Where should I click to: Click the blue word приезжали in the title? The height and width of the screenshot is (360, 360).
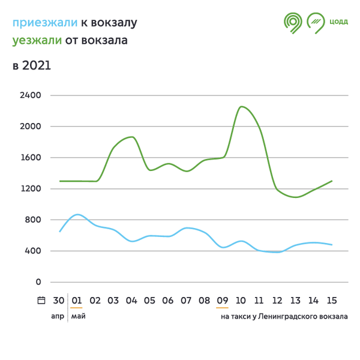pos(45,23)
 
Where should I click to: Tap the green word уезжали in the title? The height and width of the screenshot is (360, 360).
pos(37,41)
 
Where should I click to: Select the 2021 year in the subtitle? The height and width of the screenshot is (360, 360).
pos(37,65)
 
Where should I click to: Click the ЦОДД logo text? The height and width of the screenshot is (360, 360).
pos(338,22)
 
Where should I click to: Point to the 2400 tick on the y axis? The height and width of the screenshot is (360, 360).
pos(30,95)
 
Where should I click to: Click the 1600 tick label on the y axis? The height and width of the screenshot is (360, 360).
pos(30,158)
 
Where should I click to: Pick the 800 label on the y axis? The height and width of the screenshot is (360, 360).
pos(32,220)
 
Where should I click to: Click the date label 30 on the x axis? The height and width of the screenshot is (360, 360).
pos(59,301)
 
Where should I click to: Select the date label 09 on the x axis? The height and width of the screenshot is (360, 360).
pos(223,301)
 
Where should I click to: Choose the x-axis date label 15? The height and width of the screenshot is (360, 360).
pos(331,301)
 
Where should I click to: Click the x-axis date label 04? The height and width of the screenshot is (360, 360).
pos(131,301)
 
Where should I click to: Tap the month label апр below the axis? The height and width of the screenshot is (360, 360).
pos(58,316)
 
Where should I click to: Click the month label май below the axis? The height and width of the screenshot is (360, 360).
pos(78,316)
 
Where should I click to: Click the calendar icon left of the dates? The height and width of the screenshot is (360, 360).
pos(41,301)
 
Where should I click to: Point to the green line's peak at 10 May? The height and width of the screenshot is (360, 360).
pos(241,107)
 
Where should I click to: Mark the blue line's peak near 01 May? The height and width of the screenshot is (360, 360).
pos(77,214)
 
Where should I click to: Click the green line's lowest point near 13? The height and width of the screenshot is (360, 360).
pos(295,197)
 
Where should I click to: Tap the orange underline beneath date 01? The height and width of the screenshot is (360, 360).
pos(77,308)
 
